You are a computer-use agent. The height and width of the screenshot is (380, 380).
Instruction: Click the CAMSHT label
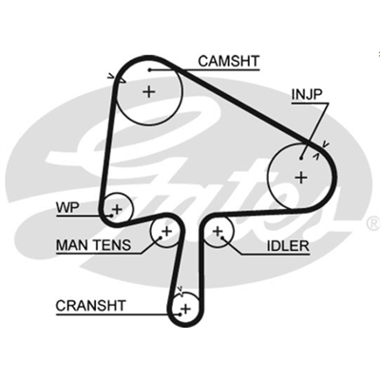(229, 61)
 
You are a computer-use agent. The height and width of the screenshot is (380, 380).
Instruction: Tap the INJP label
(307, 94)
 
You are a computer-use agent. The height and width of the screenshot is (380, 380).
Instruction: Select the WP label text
(67, 208)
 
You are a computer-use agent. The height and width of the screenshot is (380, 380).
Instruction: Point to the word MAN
(72, 245)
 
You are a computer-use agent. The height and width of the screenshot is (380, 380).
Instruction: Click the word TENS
(111, 245)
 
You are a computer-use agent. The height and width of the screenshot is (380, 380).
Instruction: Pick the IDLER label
(288, 246)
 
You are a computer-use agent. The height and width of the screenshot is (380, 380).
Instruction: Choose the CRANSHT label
(90, 306)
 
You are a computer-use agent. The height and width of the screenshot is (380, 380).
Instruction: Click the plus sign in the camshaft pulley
(149, 92)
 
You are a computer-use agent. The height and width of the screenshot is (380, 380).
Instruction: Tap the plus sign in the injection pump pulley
(301, 177)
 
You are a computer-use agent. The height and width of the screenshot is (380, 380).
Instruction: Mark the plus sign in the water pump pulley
(117, 209)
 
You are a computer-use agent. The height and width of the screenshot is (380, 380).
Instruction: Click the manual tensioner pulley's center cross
(166, 232)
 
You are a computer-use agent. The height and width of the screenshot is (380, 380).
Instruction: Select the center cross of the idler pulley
(218, 232)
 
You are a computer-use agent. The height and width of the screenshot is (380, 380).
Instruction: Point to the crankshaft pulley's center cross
(186, 308)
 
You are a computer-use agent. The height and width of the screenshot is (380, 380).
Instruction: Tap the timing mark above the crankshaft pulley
(180, 289)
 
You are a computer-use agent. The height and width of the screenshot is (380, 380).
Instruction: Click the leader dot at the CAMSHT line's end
(149, 69)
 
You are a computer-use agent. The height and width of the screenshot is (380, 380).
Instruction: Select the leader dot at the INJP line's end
(301, 157)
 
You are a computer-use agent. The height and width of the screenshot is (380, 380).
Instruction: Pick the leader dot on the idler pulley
(223, 237)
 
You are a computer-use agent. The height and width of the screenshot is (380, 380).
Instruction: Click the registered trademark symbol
(374, 224)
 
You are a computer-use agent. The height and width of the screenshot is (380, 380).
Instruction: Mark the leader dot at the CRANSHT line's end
(180, 314)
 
